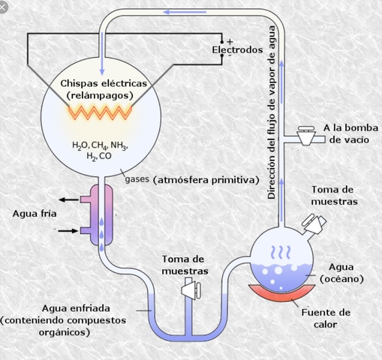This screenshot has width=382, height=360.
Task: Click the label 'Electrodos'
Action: tap(236, 49)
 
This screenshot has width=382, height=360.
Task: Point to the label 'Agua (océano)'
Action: tap(341, 273)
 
